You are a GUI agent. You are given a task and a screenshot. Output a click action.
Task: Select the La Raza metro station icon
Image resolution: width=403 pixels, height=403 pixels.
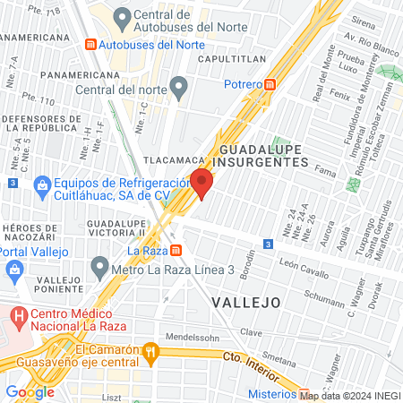(177, 250)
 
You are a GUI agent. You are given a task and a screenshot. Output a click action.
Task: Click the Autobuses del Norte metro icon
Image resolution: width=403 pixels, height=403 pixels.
(90, 44)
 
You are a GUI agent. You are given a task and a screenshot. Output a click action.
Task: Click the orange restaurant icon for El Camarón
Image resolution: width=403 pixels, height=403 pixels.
(151, 353)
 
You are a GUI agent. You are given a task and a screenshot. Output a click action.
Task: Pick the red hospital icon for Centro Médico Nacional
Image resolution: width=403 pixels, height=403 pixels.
(18, 315)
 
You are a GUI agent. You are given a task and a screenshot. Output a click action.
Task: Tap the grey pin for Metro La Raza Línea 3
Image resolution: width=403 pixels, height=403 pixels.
(99, 268)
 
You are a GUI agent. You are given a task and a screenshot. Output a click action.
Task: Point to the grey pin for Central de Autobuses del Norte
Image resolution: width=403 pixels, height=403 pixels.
(123, 16)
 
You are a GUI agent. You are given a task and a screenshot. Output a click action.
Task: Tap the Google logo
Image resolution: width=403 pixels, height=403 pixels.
(29, 392)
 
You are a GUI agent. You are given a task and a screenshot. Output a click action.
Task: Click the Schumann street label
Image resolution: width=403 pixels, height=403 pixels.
(324, 293)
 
